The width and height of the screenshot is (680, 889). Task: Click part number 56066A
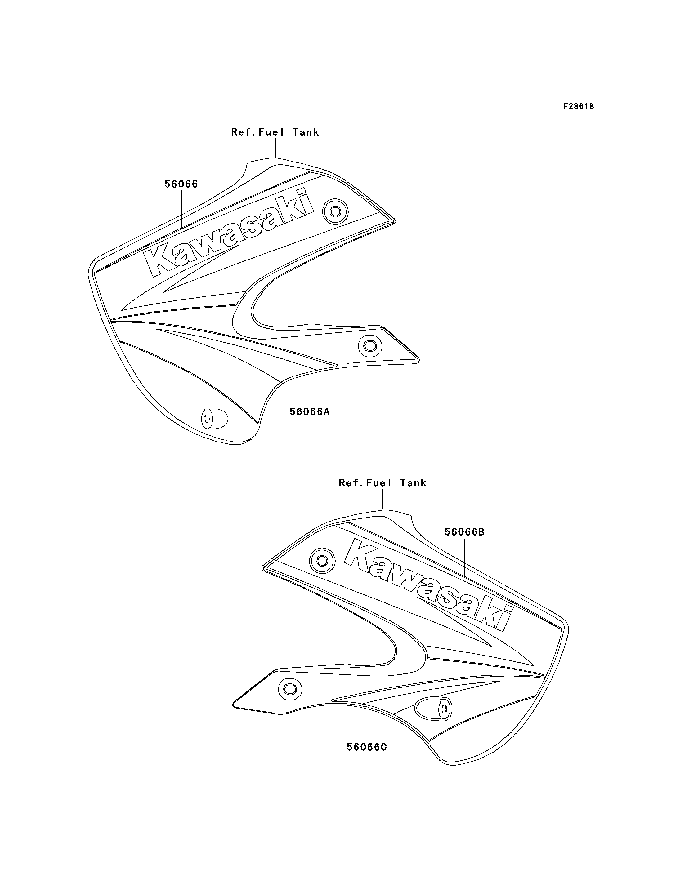(310, 411)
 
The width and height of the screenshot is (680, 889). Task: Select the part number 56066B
(464, 532)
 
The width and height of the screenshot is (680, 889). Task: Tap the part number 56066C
(367, 747)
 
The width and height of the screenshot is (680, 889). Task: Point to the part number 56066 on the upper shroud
(181, 184)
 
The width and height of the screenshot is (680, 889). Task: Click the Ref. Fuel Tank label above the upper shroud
(275, 132)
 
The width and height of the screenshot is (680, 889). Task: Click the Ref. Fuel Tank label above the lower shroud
(382, 482)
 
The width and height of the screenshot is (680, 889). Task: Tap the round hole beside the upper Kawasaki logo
(335, 211)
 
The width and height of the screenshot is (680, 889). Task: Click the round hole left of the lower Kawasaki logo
(322, 561)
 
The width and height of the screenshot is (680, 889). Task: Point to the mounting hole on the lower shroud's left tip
(290, 688)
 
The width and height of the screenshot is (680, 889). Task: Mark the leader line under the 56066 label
(181, 210)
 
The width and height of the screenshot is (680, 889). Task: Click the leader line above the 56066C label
(367, 723)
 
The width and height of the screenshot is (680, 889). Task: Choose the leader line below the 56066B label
(465, 558)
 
